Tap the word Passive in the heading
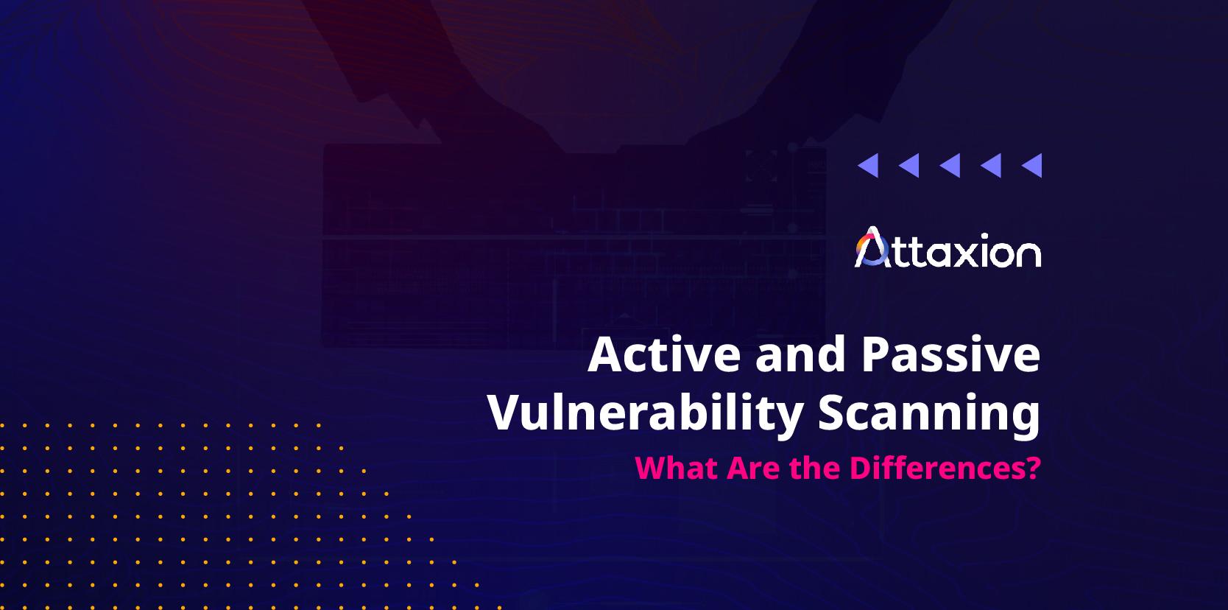pos(950,354)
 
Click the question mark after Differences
pos(1034,468)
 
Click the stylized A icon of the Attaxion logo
pos(871,248)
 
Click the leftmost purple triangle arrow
pos(869,166)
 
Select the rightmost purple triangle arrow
pos(1032,166)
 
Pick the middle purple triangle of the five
pos(950,166)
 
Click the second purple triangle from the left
pos(909,166)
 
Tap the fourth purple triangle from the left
pos(992,166)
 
